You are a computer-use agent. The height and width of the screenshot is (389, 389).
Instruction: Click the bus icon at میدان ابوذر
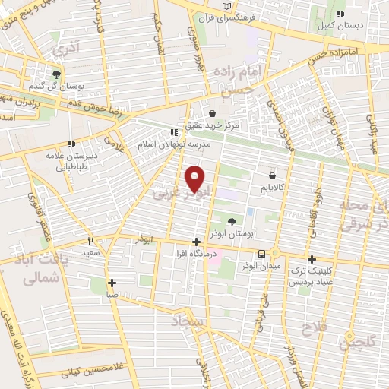(261, 254)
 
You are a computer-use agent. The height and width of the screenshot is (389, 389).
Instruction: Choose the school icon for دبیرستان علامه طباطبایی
(71, 143)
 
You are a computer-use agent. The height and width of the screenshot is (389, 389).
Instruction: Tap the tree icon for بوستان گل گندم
(56, 74)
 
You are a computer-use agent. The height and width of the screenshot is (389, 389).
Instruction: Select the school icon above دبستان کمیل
(340, 14)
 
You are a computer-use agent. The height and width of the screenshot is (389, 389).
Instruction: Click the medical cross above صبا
(112, 282)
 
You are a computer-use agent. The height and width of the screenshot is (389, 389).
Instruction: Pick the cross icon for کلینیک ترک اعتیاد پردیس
(312, 259)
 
